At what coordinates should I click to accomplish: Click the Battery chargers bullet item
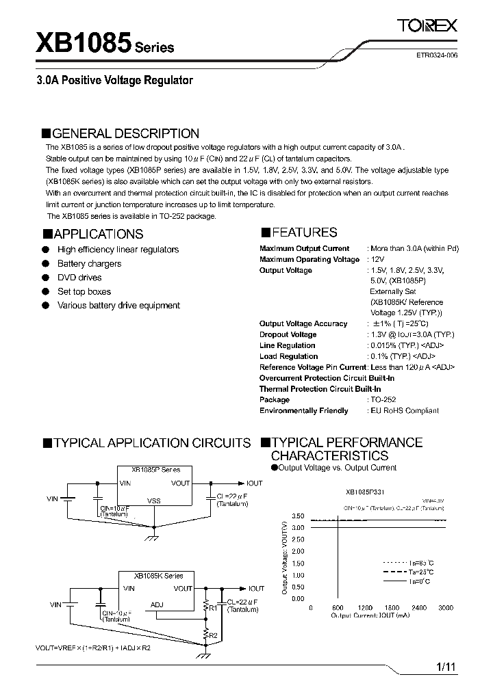click(89, 264)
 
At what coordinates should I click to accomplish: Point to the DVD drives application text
click(79, 278)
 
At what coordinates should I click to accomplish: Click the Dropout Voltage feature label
click(288, 334)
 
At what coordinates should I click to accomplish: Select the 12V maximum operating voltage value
click(378, 260)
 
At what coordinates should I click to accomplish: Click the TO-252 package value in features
click(383, 400)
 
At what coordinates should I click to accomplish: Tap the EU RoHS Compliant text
click(405, 411)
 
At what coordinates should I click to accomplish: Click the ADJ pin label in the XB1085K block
click(157, 604)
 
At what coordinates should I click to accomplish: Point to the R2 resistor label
click(213, 636)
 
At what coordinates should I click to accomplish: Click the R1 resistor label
click(212, 607)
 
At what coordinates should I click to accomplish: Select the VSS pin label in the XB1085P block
click(154, 501)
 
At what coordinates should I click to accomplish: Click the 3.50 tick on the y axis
click(297, 516)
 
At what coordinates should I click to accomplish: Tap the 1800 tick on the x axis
click(392, 608)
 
